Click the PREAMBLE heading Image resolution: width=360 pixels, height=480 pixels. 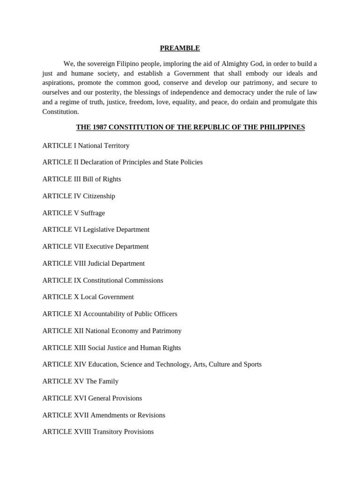coord(180,48)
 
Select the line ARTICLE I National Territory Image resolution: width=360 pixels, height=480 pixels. coord(86,146)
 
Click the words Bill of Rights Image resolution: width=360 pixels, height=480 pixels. coord(102,179)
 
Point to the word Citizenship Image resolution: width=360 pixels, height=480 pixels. coord(99,196)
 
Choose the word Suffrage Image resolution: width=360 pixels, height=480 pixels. coord(93,213)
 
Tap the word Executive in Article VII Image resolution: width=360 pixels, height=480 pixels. coord(99,247)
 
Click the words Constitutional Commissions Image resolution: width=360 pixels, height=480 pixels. coord(123,280)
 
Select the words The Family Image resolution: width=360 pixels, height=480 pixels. coord(102,382)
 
